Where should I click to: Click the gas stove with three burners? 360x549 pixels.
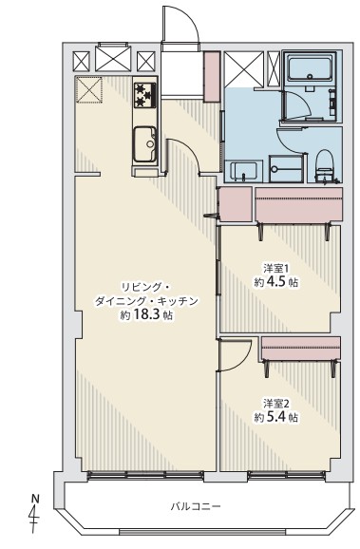(x=144, y=95)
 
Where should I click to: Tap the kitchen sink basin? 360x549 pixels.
(x=144, y=144)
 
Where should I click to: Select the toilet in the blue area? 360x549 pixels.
(x=324, y=166)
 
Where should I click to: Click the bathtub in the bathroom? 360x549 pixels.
(x=310, y=67)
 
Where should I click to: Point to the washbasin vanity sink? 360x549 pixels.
(x=244, y=172)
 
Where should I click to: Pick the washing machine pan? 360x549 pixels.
(x=285, y=169)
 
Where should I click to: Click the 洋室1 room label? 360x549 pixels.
(x=276, y=269)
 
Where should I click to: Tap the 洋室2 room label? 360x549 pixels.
(x=276, y=404)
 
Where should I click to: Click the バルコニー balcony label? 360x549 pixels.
(x=196, y=506)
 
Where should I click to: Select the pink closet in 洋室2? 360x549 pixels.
(x=301, y=349)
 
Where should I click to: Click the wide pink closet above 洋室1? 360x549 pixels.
(x=298, y=204)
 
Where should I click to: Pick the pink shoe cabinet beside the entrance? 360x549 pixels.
(x=212, y=77)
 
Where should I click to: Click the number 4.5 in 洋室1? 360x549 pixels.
(x=275, y=282)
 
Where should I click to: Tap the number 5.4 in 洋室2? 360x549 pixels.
(x=275, y=417)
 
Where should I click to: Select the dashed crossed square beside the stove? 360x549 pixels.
(x=89, y=89)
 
